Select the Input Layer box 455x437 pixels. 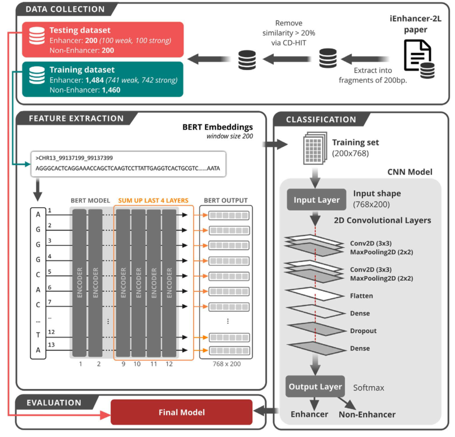pos(316,199)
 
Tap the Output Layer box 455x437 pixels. pos(316,387)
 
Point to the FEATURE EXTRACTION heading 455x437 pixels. pos(76,119)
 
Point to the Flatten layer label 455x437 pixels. pos(360,295)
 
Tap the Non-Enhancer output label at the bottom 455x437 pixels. pos(367,415)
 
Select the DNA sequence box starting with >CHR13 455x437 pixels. pos(130,163)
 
